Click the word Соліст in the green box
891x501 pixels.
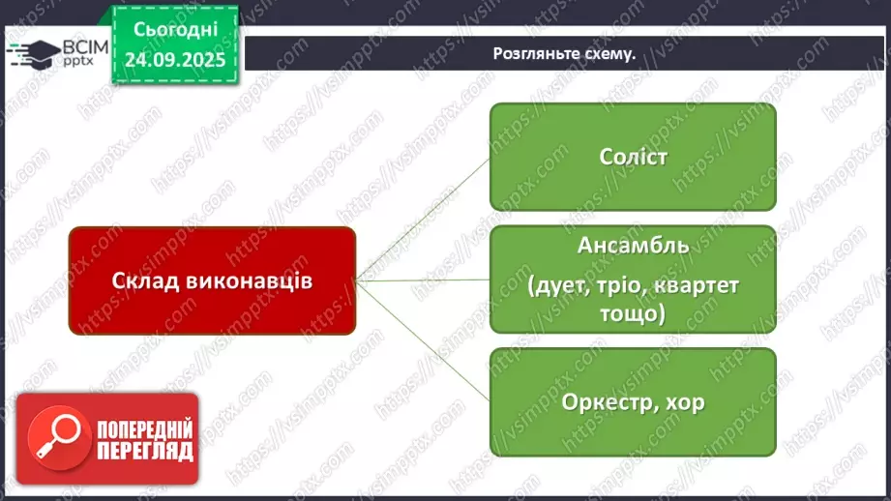[x=632, y=157]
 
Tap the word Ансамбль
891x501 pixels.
[x=633, y=245]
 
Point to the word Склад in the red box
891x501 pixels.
[x=142, y=280]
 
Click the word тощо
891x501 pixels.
[x=632, y=315]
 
